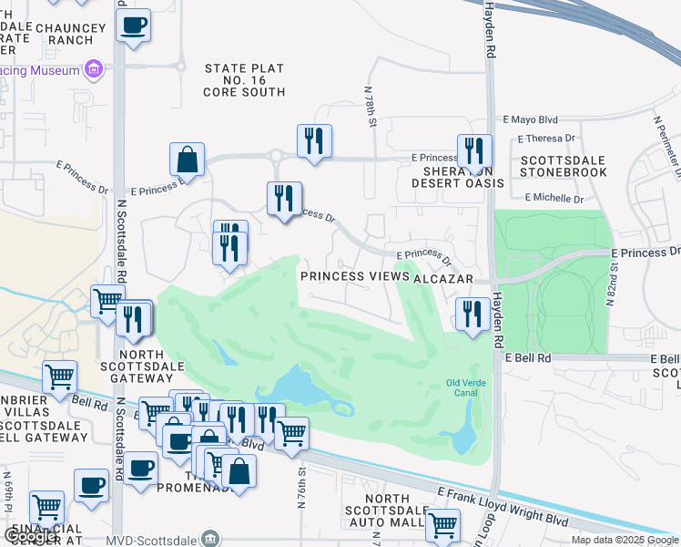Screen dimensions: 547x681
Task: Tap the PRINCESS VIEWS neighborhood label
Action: [356, 276]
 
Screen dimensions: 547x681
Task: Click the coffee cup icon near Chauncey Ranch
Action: [134, 26]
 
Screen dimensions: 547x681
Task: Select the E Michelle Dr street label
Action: [554, 198]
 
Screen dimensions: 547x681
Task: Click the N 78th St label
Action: [371, 108]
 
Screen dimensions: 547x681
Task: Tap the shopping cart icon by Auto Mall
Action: [442, 524]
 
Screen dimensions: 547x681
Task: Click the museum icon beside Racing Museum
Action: [93, 68]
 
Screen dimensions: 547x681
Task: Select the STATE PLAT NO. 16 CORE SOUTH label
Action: [244, 80]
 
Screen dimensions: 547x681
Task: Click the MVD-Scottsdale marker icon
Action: [211, 538]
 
